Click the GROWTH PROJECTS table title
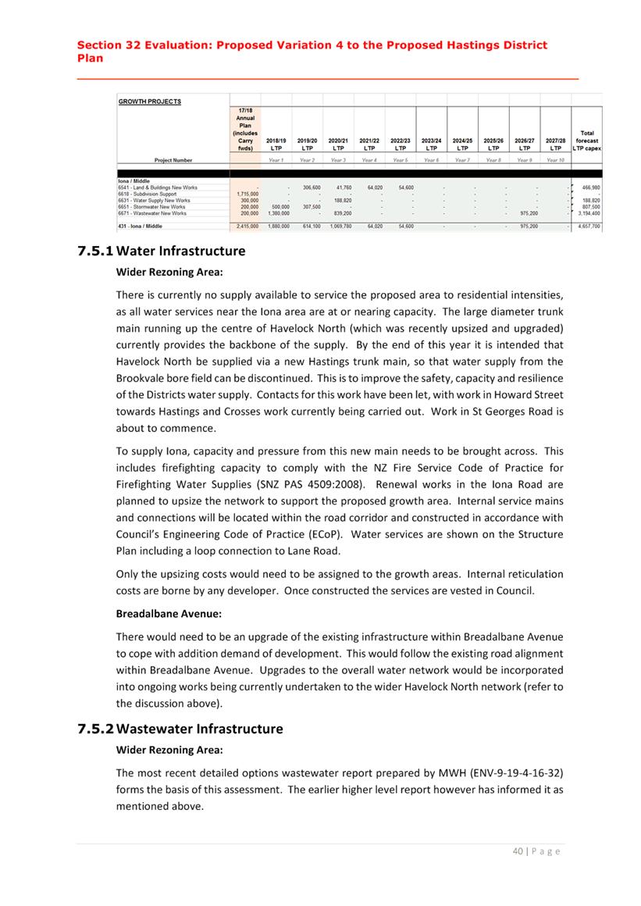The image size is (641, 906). click(150, 101)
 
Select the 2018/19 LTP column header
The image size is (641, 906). click(276, 144)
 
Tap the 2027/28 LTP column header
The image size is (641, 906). click(555, 144)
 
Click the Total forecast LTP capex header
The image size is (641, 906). click(586, 141)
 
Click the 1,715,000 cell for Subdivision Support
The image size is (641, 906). click(247, 194)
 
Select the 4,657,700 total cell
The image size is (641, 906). click(586, 226)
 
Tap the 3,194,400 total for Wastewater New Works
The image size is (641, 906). click(587, 212)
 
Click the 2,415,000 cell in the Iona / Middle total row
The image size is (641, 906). click(247, 226)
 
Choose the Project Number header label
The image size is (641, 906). click(173, 160)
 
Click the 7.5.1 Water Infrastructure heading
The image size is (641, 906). click(162, 251)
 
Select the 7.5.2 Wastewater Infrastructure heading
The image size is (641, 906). click(180, 729)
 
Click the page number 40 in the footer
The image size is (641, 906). click(518, 851)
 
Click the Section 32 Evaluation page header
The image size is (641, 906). click(312, 52)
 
